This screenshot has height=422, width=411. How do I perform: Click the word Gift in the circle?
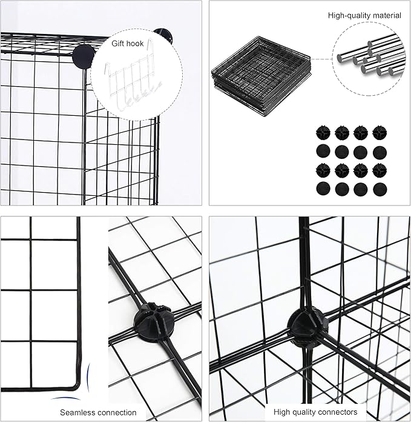tap(119, 44)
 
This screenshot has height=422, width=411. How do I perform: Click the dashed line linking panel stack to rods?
tap(321, 59)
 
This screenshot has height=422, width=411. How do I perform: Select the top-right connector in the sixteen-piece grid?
tap(380, 133)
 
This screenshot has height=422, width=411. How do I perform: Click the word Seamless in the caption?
tap(77, 412)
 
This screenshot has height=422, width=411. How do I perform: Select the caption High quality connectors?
tap(315, 412)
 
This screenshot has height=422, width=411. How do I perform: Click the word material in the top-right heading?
tap(386, 15)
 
